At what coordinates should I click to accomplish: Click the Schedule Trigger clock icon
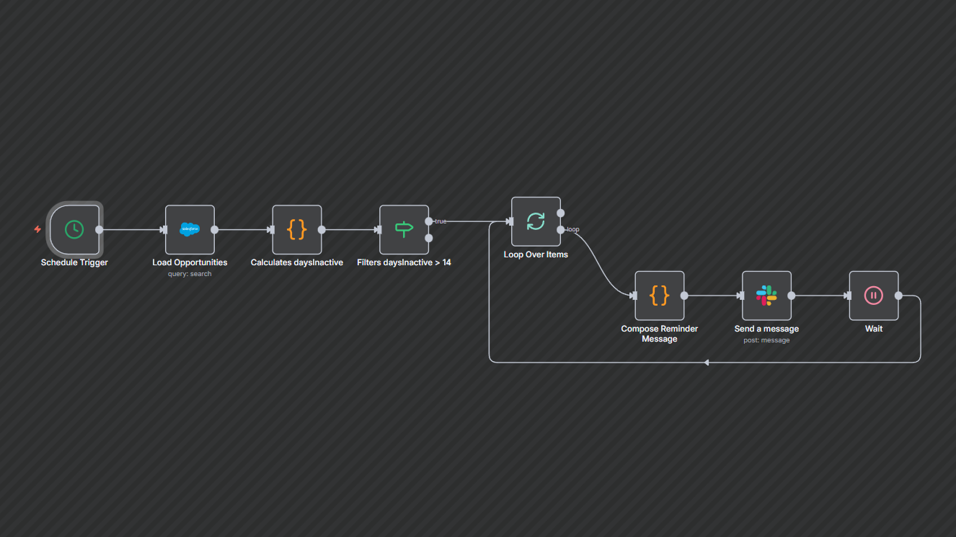74,229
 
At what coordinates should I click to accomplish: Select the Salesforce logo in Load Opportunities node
190,229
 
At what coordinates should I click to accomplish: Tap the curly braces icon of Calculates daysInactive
297,229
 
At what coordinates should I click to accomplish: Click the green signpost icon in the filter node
404,229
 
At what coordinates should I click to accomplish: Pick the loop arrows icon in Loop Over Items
536,221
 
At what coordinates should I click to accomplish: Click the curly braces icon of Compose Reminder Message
659,296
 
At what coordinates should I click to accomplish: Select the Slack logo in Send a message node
766,296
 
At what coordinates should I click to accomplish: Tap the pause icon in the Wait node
873,296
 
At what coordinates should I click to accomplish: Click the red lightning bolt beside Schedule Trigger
37,229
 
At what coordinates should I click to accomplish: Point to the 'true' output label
441,221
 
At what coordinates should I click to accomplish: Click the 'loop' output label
573,229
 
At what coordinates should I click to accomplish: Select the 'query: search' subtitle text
190,274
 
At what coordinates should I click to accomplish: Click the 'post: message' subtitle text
766,340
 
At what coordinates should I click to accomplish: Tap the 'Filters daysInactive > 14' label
404,262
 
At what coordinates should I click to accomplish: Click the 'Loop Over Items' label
536,254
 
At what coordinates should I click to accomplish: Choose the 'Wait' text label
873,329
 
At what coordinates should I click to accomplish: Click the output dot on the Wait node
898,296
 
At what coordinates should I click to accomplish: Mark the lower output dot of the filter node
429,238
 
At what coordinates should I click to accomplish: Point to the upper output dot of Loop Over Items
561,213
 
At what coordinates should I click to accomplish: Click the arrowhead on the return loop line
707,362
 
